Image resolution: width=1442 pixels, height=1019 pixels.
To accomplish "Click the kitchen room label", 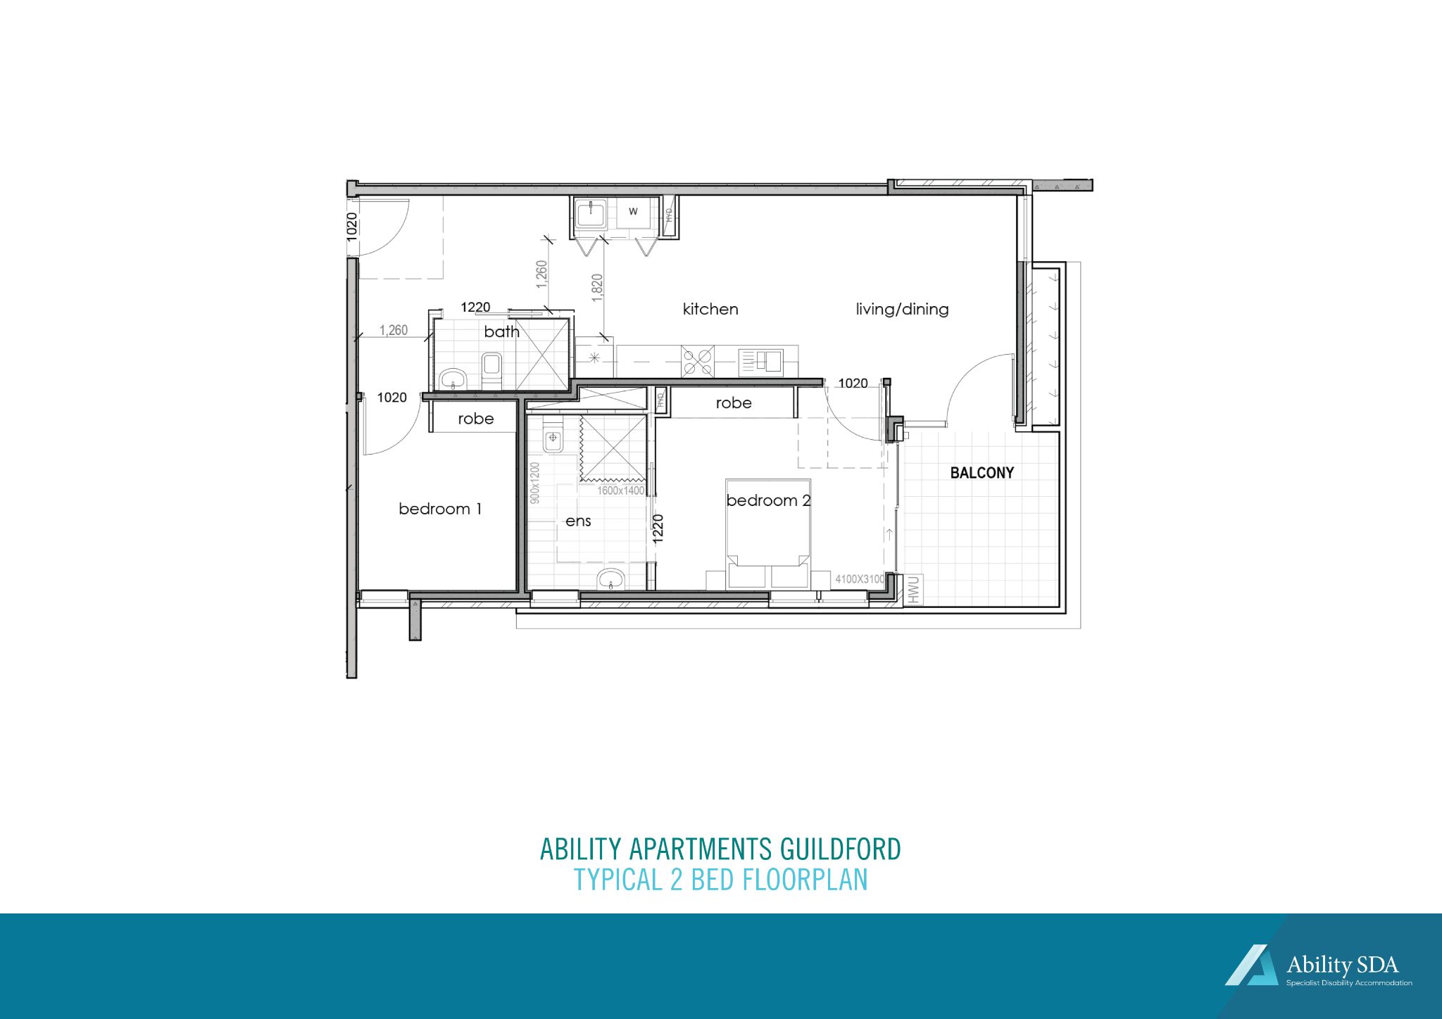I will coord(710,309).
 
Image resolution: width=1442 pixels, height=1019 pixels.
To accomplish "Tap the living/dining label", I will coord(902,309).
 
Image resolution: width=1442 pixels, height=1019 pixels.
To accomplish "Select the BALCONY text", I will coord(982,473).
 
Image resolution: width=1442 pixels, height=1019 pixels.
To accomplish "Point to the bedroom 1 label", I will coord(440,509).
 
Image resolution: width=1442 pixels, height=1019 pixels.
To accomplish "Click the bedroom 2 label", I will coord(768,500).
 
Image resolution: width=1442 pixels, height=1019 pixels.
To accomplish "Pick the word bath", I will coord(501,331).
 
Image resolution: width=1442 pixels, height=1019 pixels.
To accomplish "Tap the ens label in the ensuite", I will coord(578,521).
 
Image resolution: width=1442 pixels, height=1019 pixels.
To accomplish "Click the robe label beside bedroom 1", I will coord(476,419).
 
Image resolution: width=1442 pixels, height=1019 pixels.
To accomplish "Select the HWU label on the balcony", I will coord(914,590).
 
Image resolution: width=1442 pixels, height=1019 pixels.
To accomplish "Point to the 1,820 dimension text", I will coord(597,288).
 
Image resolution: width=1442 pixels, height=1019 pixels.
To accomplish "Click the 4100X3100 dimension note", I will coord(859,579).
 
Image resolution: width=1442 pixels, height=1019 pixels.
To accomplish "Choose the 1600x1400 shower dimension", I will coord(620,490).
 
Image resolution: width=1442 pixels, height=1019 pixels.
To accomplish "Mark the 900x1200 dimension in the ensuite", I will coord(534,483).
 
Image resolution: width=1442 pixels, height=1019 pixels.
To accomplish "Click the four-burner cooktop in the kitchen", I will coord(698,362).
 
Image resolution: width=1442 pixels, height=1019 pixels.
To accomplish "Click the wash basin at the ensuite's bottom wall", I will coord(610,580).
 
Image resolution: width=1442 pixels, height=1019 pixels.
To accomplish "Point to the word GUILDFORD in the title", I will coord(841,849).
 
